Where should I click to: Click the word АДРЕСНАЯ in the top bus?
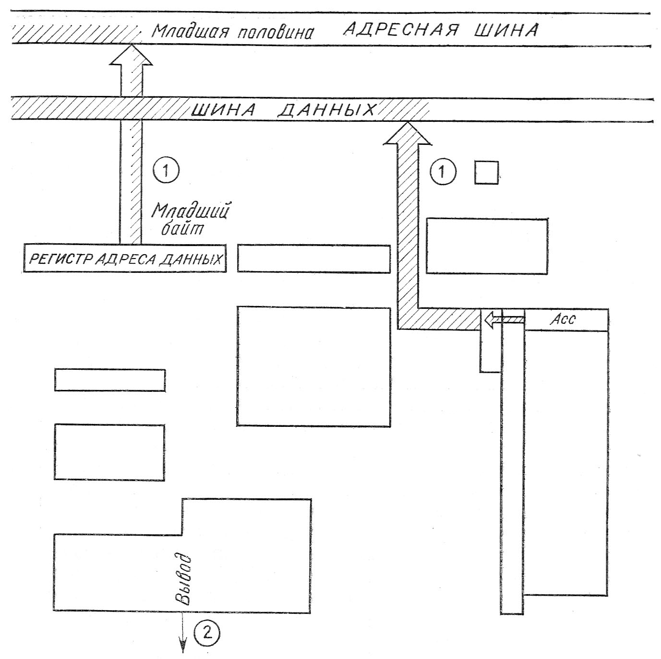click(400, 30)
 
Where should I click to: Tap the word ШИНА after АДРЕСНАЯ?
click(506, 30)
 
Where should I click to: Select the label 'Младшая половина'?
click(233, 32)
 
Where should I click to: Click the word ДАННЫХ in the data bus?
click(327, 110)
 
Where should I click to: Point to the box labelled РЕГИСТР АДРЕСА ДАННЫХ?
click(125, 259)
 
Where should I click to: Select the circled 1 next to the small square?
click(443, 172)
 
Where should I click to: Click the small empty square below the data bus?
click(486, 172)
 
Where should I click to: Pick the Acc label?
click(563, 319)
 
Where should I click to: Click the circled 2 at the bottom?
click(207, 633)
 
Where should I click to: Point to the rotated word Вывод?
click(183, 580)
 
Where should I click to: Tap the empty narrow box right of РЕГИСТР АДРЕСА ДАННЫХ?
click(313, 259)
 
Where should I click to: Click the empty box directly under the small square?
click(487, 246)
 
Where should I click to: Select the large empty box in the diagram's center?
click(313, 366)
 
